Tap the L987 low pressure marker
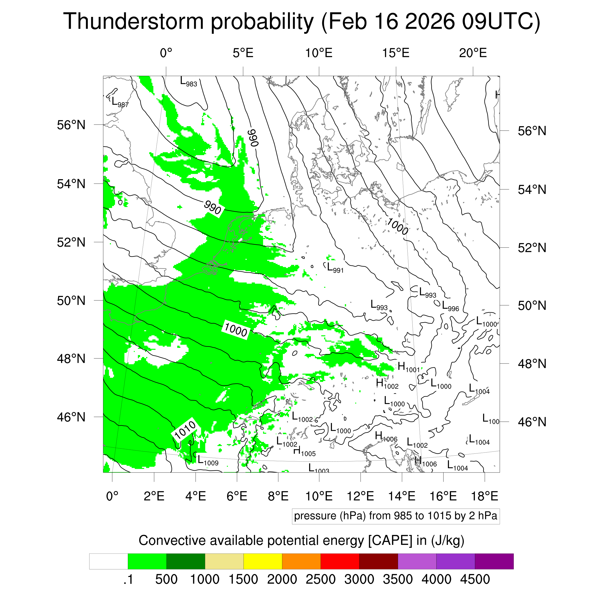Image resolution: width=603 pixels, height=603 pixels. [x=120, y=102]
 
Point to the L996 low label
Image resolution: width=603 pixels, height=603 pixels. [x=450, y=306]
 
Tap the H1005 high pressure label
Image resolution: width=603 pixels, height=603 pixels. [x=304, y=451]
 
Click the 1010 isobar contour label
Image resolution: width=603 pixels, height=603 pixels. [x=185, y=430]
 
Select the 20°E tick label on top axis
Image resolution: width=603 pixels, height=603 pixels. [x=473, y=53]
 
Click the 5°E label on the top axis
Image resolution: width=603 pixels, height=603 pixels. [x=243, y=53]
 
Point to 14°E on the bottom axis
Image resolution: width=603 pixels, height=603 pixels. [x=402, y=496]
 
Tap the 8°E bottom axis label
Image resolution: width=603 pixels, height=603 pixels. [x=278, y=496]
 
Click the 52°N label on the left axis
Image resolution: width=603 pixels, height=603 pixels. [x=71, y=242]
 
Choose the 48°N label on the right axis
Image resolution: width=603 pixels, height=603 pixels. [x=532, y=364]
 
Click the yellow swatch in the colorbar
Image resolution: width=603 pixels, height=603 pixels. [x=263, y=562]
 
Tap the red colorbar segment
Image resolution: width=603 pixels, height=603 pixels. [x=340, y=562]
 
